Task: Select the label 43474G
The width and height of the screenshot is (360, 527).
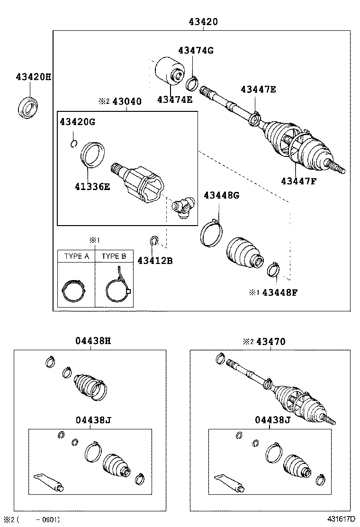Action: [x=196, y=51]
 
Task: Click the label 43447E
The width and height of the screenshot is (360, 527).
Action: [x=258, y=89]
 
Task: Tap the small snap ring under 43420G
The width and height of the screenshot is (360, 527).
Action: [x=73, y=143]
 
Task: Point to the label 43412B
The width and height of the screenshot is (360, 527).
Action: [x=155, y=260]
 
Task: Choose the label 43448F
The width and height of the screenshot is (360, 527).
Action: [x=280, y=292]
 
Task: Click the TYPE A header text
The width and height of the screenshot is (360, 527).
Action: [x=76, y=256]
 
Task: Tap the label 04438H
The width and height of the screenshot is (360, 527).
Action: [x=93, y=340]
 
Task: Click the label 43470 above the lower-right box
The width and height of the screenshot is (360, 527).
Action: [x=270, y=341]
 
